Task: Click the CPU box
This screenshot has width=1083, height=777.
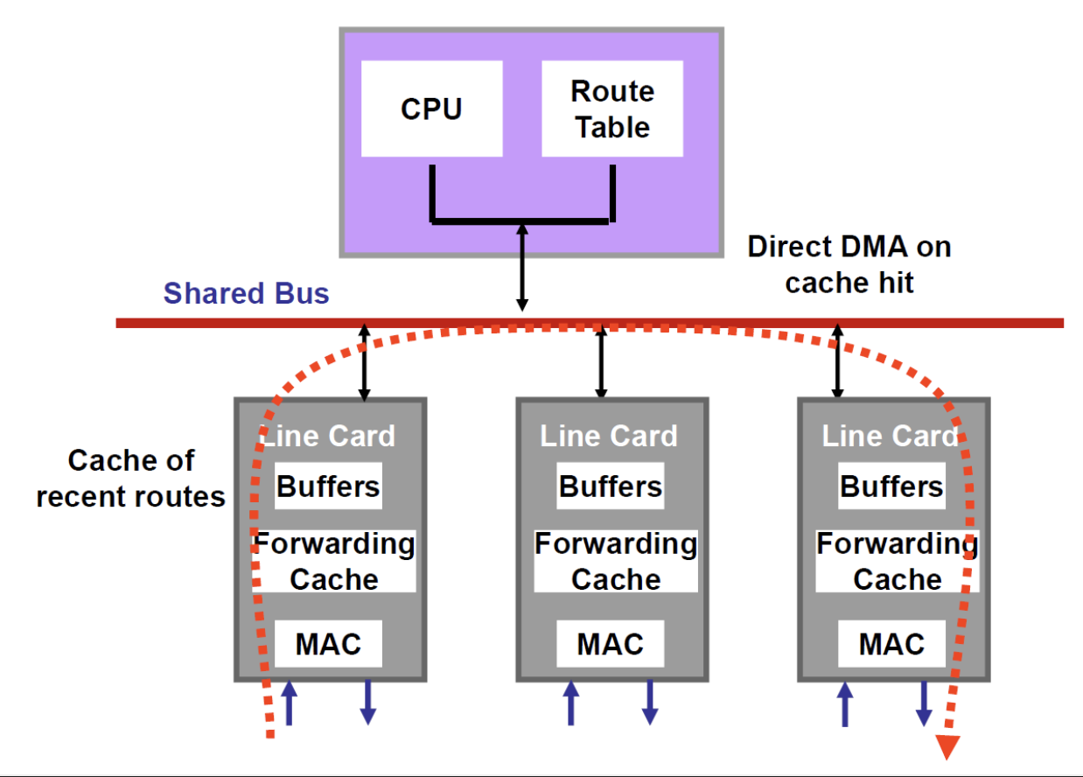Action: click(431, 108)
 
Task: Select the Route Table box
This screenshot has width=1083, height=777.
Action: click(612, 108)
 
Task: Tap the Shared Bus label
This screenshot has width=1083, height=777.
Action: click(246, 293)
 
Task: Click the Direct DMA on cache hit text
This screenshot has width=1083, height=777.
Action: click(849, 264)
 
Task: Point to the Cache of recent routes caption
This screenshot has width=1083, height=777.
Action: click(131, 479)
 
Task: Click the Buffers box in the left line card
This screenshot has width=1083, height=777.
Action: click(328, 486)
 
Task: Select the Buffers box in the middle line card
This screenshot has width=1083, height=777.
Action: click(610, 486)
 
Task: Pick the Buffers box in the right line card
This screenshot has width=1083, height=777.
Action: click(891, 486)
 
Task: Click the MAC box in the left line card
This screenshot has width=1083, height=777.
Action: click(328, 644)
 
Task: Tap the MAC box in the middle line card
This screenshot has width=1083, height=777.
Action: click(610, 644)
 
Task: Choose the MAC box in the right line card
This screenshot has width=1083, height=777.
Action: click(891, 644)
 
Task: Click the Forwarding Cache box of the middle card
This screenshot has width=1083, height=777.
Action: click(616, 561)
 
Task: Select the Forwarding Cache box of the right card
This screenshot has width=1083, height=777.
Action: click(898, 561)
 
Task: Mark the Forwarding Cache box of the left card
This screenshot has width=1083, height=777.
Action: click(334, 561)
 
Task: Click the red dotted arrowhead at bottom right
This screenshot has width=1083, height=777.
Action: click(947, 746)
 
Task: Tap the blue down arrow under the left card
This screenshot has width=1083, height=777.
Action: click(368, 703)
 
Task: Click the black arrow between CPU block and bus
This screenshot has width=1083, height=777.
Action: click(522, 266)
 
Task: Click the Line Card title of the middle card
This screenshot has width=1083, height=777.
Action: click(609, 436)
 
